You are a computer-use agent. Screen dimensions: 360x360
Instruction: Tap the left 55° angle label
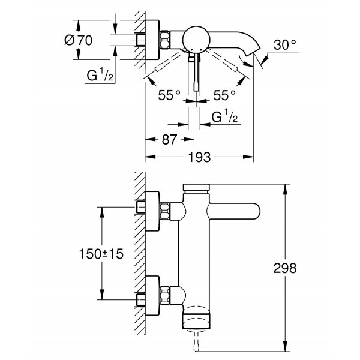[170, 95]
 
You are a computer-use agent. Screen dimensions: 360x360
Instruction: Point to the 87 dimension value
[169, 139]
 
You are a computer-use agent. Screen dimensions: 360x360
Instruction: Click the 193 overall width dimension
[199, 157]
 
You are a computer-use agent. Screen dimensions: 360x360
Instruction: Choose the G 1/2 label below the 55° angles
[227, 116]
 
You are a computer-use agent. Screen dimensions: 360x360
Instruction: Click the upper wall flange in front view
[151, 212]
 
